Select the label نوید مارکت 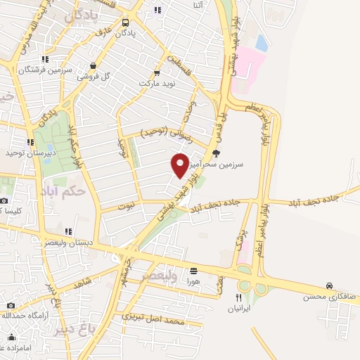point(155,83)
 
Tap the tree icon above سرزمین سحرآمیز point(216,152)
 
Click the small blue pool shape point(262,43)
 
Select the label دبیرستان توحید point(25,153)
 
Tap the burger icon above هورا point(193,270)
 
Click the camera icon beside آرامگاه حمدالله point(11,305)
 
